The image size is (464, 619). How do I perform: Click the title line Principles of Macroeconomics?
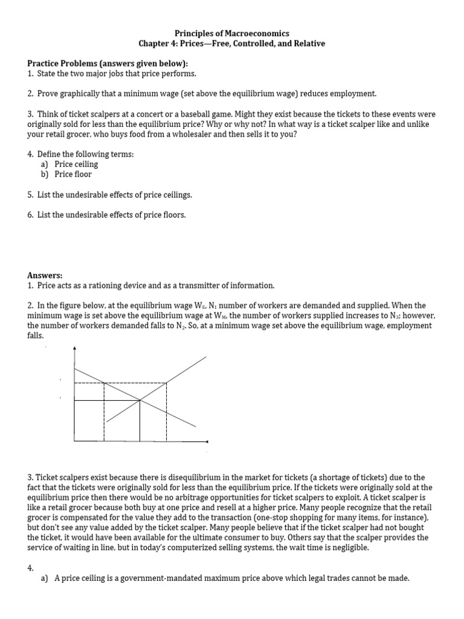(232, 34)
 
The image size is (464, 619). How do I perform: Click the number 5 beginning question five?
(30, 195)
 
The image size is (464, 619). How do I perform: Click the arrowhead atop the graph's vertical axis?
(74, 349)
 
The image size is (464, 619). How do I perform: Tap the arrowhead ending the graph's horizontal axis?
(207, 442)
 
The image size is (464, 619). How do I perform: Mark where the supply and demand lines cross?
(140, 400)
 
